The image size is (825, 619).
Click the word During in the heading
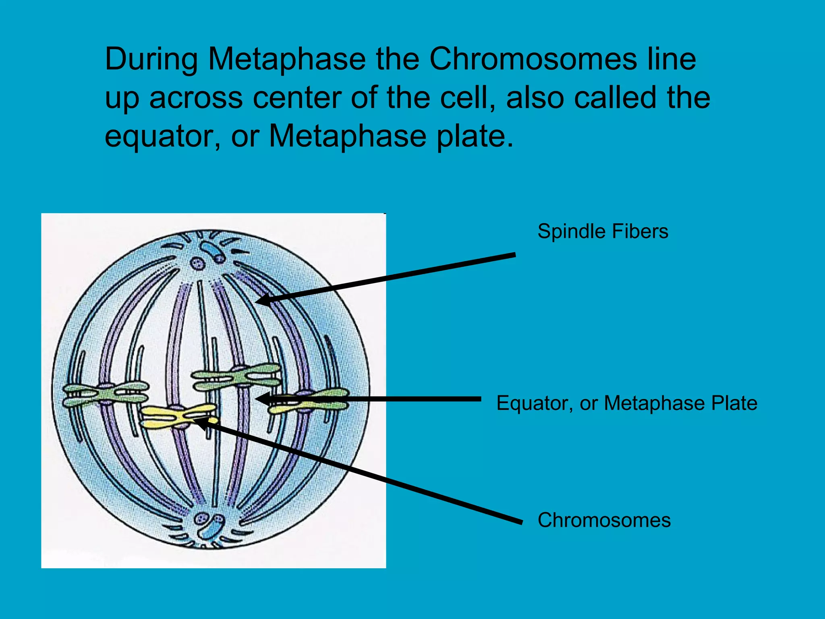point(151,60)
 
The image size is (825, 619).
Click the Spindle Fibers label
point(603,232)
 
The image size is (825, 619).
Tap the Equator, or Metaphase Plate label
point(626,403)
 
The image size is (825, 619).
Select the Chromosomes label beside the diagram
point(604,520)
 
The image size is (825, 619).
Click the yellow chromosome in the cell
point(177,416)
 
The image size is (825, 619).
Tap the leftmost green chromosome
point(105,394)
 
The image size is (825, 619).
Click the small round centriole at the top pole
point(197,264)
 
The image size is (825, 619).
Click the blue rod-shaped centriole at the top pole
point(212,251)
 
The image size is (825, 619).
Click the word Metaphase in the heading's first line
point(287,60)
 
